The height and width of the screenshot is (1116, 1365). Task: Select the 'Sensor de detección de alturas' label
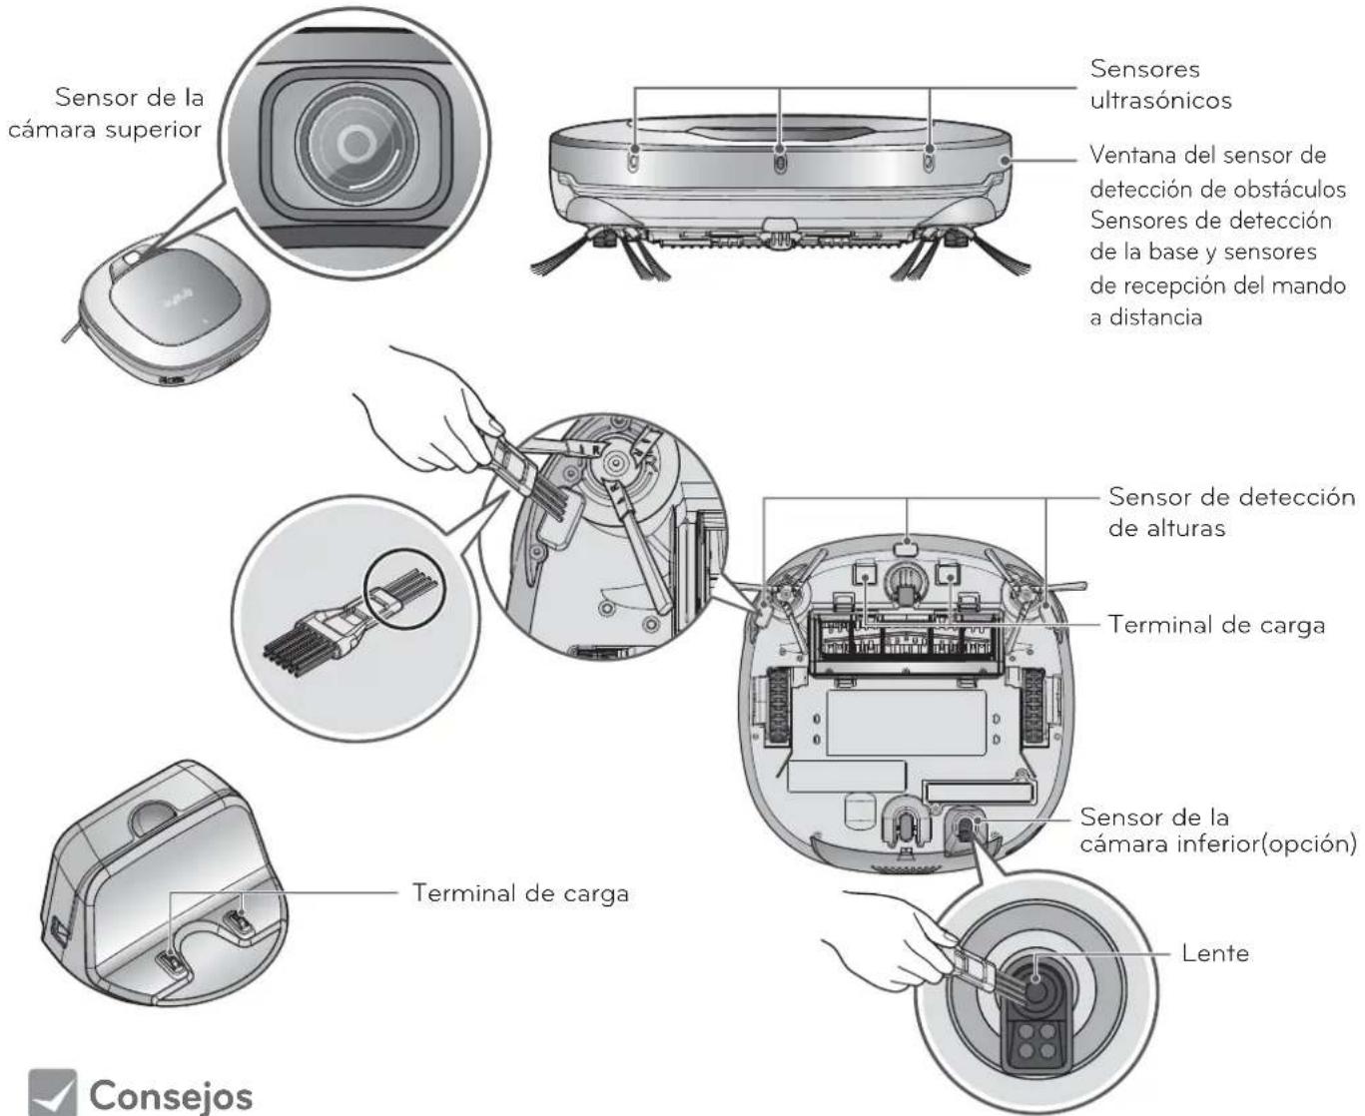coord(1231,512)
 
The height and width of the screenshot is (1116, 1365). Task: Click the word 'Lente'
coord(1214,952)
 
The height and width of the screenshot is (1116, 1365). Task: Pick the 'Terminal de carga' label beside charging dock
coord(520,892)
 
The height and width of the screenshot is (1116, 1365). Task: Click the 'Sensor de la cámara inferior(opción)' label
coord(1218,831)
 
